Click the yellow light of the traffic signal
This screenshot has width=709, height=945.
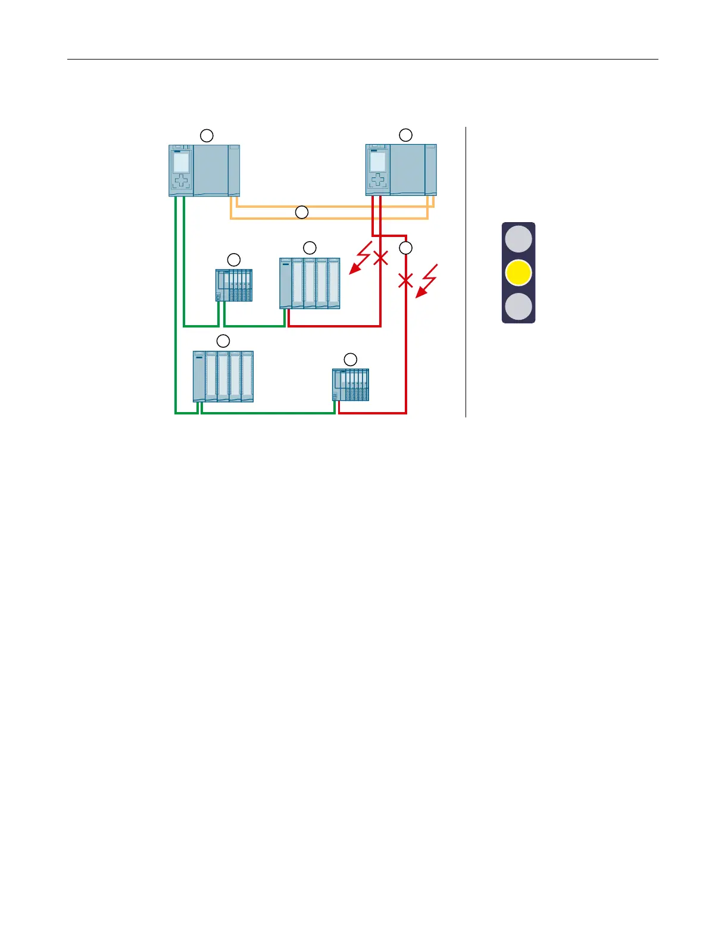(x=518, y=273)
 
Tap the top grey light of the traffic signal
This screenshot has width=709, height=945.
(x=518, y=239)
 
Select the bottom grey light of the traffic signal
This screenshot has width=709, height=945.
(x=518, y=307)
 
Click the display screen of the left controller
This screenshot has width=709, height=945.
(x=181, y=161)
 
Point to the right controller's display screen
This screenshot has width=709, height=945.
(x=377, y=162)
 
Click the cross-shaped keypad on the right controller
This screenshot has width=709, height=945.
(x=377, y=180)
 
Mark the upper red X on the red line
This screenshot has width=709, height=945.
(x=380, y=258)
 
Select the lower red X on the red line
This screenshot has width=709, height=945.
(x=405, y=280)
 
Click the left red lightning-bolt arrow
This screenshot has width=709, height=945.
(x=361, y=258)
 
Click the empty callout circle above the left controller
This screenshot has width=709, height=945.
(x=207, y=136)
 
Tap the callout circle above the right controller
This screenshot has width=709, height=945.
(x=405, y=135)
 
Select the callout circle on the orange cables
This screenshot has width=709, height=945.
(x=302, y=212)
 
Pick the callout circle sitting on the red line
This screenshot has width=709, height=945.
(x=405, y=247)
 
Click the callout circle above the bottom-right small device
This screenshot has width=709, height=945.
(x=351, y=359)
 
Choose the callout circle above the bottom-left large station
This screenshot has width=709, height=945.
(x=223, y=341)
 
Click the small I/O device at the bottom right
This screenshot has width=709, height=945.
(x=351, y=385)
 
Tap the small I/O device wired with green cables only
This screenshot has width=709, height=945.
(x=233, y=285)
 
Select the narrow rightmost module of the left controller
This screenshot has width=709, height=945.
(x=234, y=170)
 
